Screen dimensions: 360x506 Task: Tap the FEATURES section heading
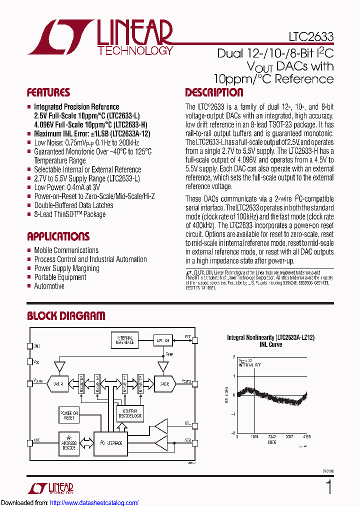tap(48, 92)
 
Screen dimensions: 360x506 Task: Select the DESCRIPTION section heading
tap(214, 92)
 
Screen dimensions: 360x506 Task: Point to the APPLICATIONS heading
tap(58, 236)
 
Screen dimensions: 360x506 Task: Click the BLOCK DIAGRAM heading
tap(66, 316)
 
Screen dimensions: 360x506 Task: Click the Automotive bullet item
tap(49, 286)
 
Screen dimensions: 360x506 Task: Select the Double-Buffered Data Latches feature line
tap(73, 205)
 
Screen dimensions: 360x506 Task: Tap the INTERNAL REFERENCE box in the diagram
tap(124, 340)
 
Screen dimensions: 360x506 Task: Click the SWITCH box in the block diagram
tap(163, 339)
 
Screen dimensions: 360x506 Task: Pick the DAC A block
tap(58, 384)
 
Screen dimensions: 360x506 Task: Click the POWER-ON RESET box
tap(69, 415)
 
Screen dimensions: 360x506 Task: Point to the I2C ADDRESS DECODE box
tap(69, 443)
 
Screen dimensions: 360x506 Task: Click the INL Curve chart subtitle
tap(271, 344)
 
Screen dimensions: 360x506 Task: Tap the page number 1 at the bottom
tap(328, 486)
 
